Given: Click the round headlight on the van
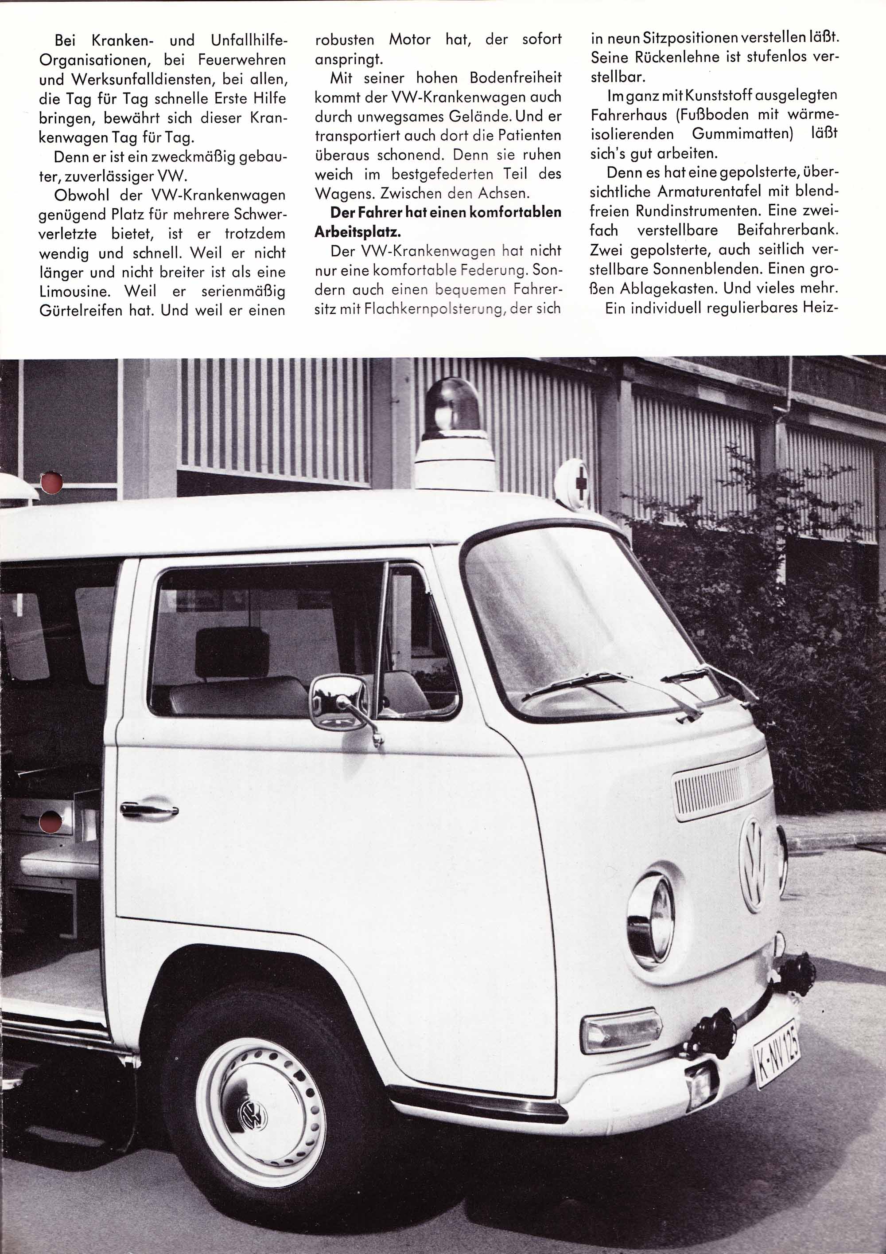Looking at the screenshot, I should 651,913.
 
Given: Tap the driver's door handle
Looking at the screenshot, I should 149,809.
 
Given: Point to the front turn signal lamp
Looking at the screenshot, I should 621,1030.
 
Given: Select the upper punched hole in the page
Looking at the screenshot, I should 52,483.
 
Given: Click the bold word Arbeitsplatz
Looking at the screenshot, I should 358,231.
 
